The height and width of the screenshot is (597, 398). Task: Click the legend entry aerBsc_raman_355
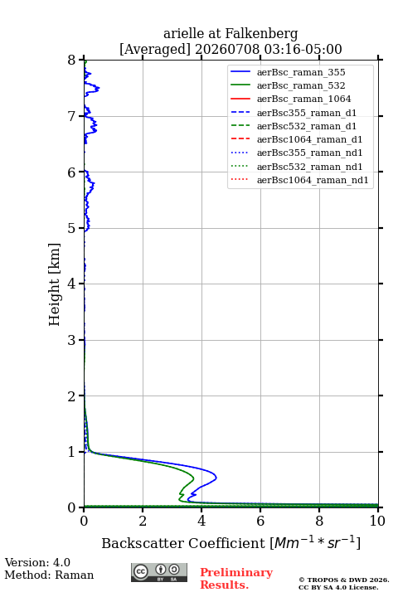coord(301,72)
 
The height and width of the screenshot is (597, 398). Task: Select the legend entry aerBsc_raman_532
coord(301,85)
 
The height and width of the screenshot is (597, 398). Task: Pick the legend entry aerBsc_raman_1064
coord(304,99)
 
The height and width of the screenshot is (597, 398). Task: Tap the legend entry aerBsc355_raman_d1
coord(307,113)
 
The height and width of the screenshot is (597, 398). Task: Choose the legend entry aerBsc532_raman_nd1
coord(309,167)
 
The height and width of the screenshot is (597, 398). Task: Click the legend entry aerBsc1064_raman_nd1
coord(313,180)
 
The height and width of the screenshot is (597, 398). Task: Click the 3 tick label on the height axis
coord(72,340)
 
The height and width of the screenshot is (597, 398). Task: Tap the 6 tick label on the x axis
coord(260,521)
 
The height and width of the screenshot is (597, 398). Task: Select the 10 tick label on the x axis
coord(377,521)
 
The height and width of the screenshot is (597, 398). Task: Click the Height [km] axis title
coord(55,284)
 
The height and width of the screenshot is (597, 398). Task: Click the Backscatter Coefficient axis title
coord(231,542)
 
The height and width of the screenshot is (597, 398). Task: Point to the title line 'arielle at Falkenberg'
coord(231,33)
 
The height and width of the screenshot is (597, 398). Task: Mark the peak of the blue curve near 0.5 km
coord(216,477)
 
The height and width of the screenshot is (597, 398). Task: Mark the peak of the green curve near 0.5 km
coord(194,478)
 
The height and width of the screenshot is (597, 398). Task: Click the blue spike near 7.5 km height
coord(99,89)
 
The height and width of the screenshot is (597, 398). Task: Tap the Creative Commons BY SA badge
coord(159,572)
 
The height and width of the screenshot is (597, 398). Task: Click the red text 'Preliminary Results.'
coord(236,579)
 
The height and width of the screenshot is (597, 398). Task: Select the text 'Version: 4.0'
coord(37,562)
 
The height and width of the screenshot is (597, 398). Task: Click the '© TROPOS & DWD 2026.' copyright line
coord(344,580)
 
